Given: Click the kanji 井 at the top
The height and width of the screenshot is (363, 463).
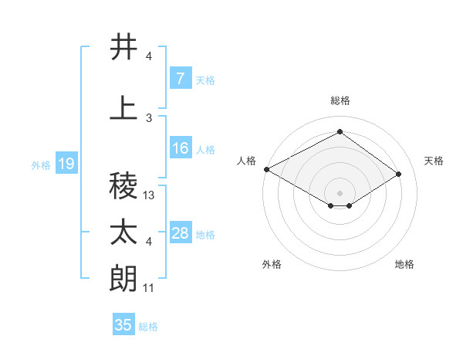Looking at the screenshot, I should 124,47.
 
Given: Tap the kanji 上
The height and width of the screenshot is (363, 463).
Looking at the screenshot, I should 124,109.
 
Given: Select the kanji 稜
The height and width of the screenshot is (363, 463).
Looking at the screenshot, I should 124,186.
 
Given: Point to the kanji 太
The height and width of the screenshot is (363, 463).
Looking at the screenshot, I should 124,232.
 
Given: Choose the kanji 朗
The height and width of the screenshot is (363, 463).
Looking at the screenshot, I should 124,278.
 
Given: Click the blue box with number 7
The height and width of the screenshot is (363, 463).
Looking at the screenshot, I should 180,79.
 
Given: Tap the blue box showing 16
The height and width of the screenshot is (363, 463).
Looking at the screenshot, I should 180,148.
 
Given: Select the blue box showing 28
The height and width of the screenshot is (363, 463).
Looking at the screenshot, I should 180,233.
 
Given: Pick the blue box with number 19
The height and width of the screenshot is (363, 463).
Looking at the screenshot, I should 66,164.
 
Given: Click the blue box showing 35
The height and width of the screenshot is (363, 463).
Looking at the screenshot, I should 123,325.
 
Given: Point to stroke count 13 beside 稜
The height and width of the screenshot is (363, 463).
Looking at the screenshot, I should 150,195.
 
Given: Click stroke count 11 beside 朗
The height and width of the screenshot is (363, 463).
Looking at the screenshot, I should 150,288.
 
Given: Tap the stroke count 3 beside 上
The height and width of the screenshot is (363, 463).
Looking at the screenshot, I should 149,118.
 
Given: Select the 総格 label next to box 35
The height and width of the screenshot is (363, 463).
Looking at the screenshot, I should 148,327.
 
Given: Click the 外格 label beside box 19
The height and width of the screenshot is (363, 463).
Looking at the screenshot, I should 41,165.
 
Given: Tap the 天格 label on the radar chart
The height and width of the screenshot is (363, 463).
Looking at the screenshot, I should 434,161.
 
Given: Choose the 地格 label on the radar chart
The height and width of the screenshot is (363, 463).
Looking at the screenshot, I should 404,264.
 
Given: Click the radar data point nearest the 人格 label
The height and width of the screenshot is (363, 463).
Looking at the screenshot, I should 266,169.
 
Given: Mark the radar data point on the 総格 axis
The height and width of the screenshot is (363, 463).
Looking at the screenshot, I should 340,132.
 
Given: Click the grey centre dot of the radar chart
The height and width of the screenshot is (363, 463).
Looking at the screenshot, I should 340,192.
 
